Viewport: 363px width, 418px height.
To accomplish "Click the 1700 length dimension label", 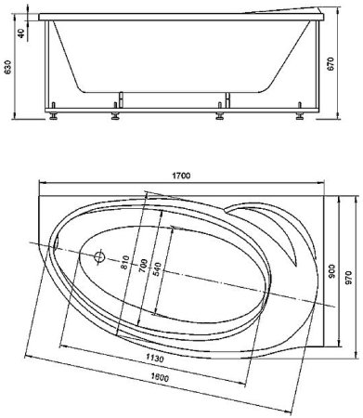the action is click(x=181, y=176).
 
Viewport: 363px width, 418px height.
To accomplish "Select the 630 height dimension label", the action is click(x=7, y=67).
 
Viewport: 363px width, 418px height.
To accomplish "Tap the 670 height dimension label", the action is click(x=331, y=64).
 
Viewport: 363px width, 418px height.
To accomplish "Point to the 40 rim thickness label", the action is click(x=21, y=33).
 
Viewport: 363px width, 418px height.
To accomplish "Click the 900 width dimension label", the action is click(x=331, y=271).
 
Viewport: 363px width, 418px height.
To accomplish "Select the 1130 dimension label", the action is click(x=155, y=359).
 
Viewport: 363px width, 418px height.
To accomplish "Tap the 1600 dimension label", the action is click(x=160, y=377).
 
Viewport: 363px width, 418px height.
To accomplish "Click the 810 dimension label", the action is click(x=124, y=262).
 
